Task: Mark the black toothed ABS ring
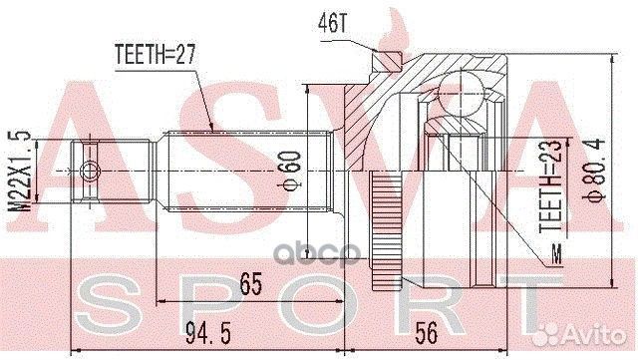coord(385,225)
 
